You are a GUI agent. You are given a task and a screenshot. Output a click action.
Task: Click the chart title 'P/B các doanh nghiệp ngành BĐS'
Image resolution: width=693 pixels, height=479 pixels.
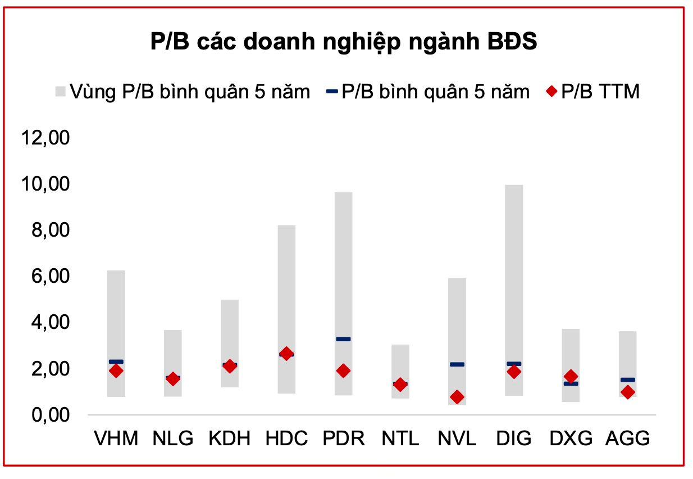pos(344,43)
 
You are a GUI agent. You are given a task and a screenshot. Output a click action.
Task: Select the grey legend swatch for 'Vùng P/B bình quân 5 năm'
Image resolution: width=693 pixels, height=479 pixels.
pos(60,91)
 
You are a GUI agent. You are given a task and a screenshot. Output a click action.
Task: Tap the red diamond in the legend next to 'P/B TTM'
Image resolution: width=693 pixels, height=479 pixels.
pos(553,91)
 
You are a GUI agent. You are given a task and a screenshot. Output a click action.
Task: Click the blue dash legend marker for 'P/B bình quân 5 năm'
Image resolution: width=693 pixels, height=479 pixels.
pos(331,91)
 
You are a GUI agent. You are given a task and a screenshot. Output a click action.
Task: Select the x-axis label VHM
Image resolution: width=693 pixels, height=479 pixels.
pos(116,439)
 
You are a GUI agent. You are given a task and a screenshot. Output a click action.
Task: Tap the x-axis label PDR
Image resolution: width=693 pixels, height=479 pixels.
pos(344,439)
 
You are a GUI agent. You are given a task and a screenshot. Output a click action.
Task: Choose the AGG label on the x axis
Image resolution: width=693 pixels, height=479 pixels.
pos(628,439)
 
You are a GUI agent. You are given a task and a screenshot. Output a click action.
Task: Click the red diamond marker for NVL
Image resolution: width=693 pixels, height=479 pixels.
pos(457,397)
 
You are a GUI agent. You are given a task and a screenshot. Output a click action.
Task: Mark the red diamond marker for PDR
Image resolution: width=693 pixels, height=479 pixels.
pos(343,370)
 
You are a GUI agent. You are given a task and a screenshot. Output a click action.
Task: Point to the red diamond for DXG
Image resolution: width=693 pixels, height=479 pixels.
pos(571,376)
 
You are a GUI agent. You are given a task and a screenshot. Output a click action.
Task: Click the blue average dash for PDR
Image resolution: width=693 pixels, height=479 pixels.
pos(343,339)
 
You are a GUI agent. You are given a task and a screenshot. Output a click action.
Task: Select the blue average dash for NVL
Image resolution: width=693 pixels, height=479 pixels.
pos(457,364)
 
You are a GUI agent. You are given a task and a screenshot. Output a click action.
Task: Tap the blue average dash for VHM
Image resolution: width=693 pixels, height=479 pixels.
pos(116,361)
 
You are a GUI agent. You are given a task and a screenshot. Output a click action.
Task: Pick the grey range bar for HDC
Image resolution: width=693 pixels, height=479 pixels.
pos(286,281)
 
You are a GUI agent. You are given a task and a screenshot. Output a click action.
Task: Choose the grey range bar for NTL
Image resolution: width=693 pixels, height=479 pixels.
pos(400,360)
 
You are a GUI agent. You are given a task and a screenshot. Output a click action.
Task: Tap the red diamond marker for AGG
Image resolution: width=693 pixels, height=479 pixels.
pos(628,392)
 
